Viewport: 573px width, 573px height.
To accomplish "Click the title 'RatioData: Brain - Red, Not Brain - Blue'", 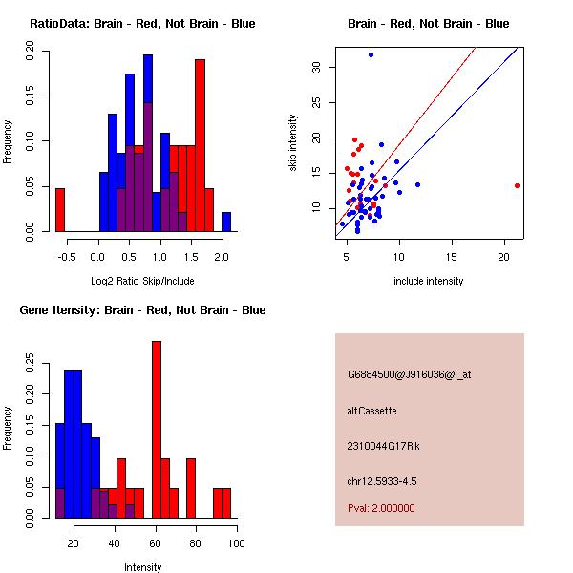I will (x=142, y=23).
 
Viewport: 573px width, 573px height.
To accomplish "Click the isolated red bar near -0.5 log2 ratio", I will (x=60, y=209).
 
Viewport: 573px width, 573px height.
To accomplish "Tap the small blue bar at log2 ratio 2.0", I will (x=226, y=222).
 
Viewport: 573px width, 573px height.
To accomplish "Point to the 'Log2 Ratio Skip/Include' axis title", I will (x=142, y=281).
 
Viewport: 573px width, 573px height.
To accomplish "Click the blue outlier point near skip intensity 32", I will (x=371, y=54).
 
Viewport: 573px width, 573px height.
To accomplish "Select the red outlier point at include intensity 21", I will (x=517, y=185).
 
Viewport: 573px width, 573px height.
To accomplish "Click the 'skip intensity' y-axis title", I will (x=294, y=143).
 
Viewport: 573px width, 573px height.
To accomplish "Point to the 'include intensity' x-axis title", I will (x=429, y=281).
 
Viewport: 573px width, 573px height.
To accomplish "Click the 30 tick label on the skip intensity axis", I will (x=316, y=67).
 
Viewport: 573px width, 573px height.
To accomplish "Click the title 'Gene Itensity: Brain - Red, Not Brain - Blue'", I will (x=142, y=309).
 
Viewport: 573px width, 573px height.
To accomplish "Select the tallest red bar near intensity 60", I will (x=157, y=430).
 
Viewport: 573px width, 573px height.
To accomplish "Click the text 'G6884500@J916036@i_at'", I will (x=410, y=374).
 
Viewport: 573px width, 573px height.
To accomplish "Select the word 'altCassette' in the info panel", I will (x=372, y=411).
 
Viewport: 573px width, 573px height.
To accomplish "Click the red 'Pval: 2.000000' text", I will (x=382, y=508).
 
